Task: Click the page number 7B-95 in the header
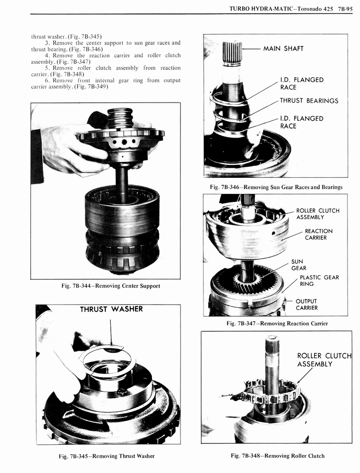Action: (344, 8)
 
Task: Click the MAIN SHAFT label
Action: (283, 49)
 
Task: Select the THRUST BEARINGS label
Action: (309, 101)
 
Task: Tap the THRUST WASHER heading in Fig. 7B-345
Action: (111, 309)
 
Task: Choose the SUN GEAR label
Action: (298, 265)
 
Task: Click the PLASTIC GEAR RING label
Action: (319, 280)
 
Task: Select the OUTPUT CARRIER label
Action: (306, 305)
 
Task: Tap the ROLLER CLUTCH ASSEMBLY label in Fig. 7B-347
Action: (317, 214)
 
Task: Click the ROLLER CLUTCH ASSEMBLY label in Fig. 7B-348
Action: (324, 360)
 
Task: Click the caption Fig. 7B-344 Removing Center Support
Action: (110, 286)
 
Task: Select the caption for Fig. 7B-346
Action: (276, 187)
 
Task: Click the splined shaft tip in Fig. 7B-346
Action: (232, 52)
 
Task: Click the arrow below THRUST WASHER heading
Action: (110, 330)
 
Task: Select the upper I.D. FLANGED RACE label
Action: (301, 83)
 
